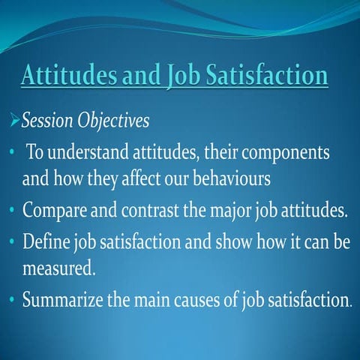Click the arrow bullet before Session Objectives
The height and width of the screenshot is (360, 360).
(13, 119)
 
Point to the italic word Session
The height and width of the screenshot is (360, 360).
(49, 120)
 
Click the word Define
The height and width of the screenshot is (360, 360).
(46, 244)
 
